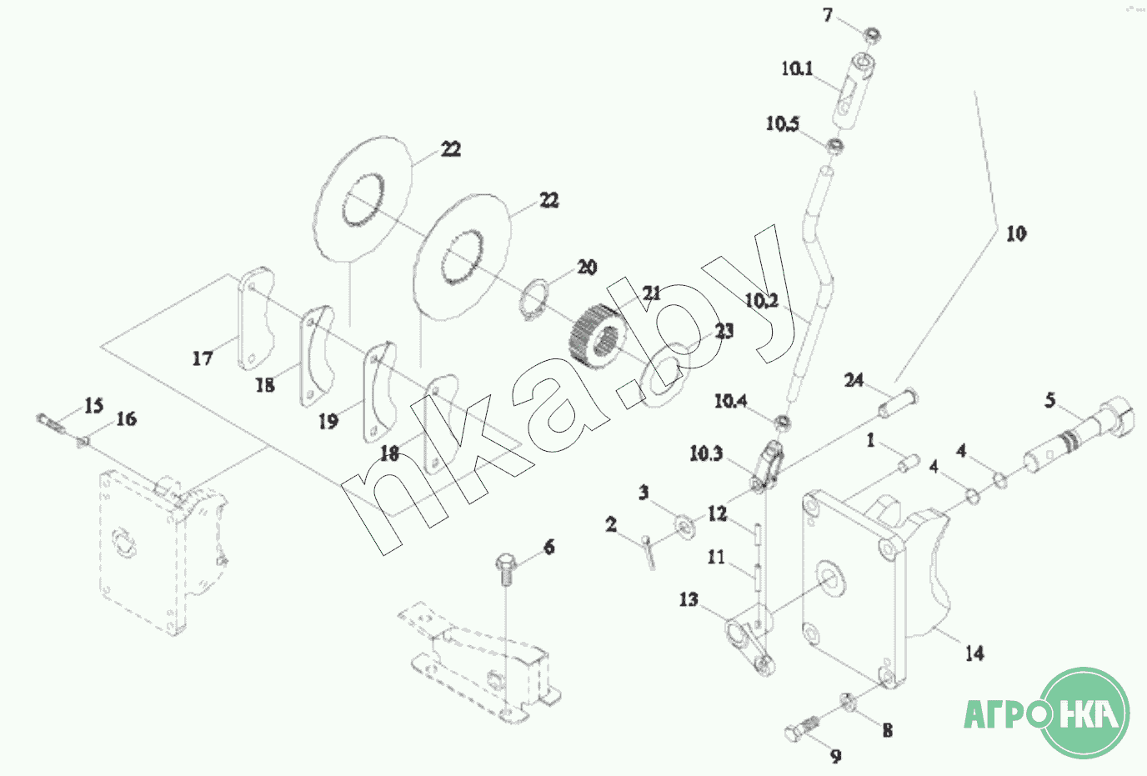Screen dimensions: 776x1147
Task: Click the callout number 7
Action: coord(828,15)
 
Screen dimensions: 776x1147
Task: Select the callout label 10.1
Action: coord(797,68)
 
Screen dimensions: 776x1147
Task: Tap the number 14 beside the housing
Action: coord(974,653)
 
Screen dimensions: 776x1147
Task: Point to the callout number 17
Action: coord(203,358)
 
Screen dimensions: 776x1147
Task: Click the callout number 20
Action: coord(588,267)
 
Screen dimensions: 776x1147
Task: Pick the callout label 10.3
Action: coord(706,454)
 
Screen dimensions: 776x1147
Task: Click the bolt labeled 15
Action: coord(51,422)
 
